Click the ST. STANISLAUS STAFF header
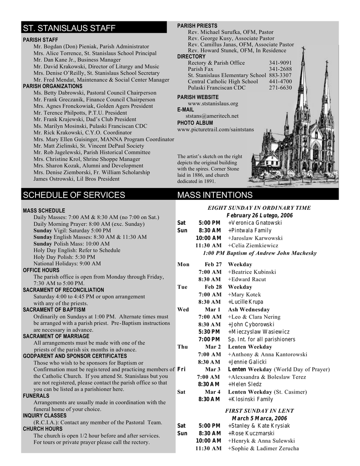tap(69, 29)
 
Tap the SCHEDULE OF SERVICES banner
tap(74, 195)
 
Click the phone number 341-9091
tap(280, 63)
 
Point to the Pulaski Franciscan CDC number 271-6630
tap(280, 88)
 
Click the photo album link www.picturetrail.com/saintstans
tap(216, 130)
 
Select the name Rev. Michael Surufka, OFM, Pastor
tap(231, 32)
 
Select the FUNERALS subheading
tap(36, 396)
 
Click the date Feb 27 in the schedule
tap(213, 264)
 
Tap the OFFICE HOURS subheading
tap(41, 270)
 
